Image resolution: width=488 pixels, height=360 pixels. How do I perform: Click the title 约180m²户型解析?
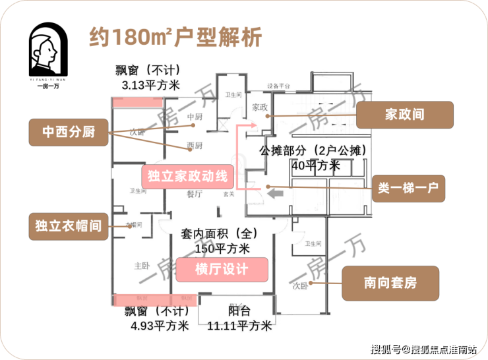(175, 36)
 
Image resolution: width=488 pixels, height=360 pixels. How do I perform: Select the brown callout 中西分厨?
(69, 132)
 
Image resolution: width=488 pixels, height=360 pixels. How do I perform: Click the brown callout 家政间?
(404, 114)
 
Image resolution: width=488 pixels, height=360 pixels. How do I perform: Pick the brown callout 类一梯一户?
(408, 188)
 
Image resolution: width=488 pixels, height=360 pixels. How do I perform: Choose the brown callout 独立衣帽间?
(69, 225)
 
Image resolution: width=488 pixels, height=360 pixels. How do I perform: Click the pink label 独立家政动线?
(187, 176)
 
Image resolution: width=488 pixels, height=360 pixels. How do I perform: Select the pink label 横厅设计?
(222, 269)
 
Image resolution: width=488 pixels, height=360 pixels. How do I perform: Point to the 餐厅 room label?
(194, 194)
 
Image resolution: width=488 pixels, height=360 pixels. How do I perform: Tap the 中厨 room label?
(194, 118)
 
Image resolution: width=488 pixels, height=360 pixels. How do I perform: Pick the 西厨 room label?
(194, 145)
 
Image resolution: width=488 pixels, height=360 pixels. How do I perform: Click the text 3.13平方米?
(150, 86)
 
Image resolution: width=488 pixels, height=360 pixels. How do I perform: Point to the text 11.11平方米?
(239, 325)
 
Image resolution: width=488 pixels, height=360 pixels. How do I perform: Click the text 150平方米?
(222, 249)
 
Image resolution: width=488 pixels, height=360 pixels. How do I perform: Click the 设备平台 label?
(279, 86)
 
